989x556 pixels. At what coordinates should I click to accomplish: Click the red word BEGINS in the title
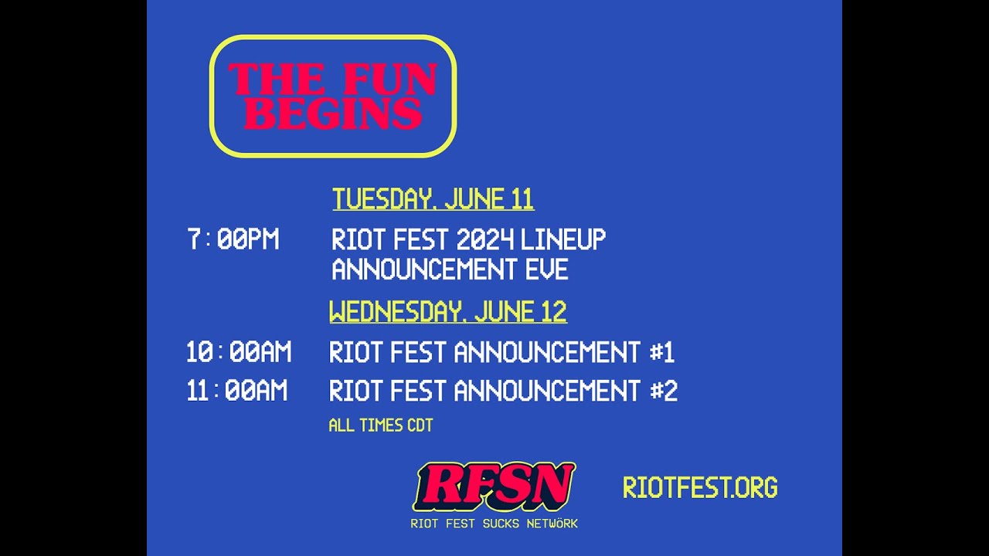[333, 114]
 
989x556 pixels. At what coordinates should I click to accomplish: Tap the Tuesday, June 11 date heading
[433, 199]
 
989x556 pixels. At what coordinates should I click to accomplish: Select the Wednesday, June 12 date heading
[447, 312]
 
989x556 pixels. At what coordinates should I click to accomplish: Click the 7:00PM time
[233, 239]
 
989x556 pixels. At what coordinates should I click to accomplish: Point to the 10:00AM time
[238, 353]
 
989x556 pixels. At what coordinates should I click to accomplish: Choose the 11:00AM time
[236, 391]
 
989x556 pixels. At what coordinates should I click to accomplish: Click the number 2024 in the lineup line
[484, 239]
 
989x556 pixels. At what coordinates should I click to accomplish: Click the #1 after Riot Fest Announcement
[661, 353]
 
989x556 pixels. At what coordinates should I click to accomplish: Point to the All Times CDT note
[380, 425]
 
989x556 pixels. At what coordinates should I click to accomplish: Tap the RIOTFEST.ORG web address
[700, 487]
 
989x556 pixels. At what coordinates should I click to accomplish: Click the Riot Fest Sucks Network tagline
[494, 524]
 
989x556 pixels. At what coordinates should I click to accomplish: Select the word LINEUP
[563, 239]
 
